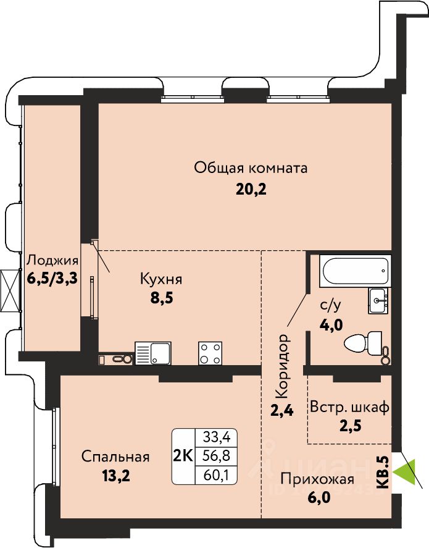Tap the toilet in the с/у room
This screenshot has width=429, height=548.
[x=363, y=344]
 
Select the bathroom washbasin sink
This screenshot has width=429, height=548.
[x=378, y=300]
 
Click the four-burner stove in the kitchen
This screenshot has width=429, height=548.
[x=210, y=353]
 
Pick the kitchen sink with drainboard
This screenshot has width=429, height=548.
[x=153, y=353]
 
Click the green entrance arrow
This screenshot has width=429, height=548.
[x=404, y=472]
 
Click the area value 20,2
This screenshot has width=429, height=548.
[x=251, y=190]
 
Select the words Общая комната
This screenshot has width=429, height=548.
[x=251, y=168]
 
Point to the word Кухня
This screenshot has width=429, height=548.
[x=161, y=280]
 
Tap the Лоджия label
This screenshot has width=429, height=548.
[x=52, y=261]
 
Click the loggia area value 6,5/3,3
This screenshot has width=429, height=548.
[x=52, y=279]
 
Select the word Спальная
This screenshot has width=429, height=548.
[x=115, y=457]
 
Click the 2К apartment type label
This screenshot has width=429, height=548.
[x=183, y=456]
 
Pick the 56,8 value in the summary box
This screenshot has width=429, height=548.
[x=216, y=456]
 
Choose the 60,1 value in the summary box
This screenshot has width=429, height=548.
[x=215, y=474]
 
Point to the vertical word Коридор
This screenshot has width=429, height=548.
[x=282, y=366]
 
